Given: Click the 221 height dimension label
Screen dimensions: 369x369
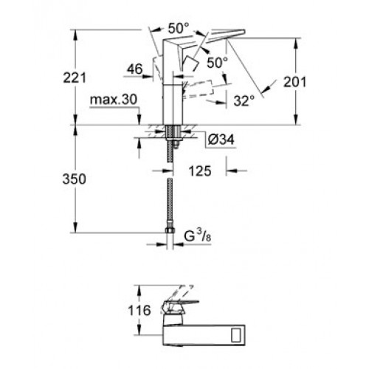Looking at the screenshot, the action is coord(75,77).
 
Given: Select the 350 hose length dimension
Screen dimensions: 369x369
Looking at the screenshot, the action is coord(75,179).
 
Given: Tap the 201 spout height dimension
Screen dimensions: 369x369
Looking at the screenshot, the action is coord(294,82).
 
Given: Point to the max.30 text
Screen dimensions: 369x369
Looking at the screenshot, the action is coord(114,100).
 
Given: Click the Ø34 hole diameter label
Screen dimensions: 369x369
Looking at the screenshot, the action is coord(221,139).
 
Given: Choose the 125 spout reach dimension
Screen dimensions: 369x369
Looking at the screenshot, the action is coord(200,171).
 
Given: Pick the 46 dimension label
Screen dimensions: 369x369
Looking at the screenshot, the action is coord(135,69).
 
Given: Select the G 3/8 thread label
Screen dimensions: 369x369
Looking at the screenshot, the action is coord(198,236).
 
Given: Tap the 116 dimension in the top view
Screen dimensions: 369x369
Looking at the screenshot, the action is coord(139,311).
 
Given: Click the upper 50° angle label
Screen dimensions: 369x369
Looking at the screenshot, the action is coord(179,28).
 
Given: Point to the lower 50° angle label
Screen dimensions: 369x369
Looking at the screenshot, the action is coord(218,63).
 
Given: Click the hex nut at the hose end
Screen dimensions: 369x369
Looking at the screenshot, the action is coord(170,230).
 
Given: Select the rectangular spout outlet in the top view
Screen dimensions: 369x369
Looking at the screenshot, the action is coord(238,334).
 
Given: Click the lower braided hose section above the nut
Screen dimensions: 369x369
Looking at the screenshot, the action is coord(170,204).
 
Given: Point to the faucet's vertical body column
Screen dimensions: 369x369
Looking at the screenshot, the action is coord(173,104).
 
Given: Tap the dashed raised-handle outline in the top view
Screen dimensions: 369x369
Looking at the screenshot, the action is coord(182,293).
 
